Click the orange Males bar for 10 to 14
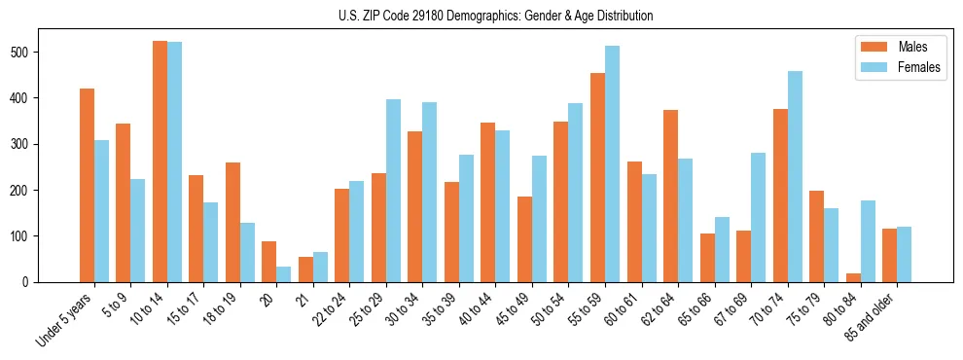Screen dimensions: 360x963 pyautogui.click(x=160, y=162)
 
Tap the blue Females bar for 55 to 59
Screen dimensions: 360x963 pyautogui.click(x=612, y=163)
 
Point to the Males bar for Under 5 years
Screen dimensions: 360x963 pyautogui.click(x=87, y=185)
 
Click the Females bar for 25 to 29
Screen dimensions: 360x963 pyautogui.click(x=393, y=191)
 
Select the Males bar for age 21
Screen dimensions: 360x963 pyautogui.click(x=305, y=270)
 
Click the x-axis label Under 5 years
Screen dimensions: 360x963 pyautogui.click(x=65, y=318)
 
